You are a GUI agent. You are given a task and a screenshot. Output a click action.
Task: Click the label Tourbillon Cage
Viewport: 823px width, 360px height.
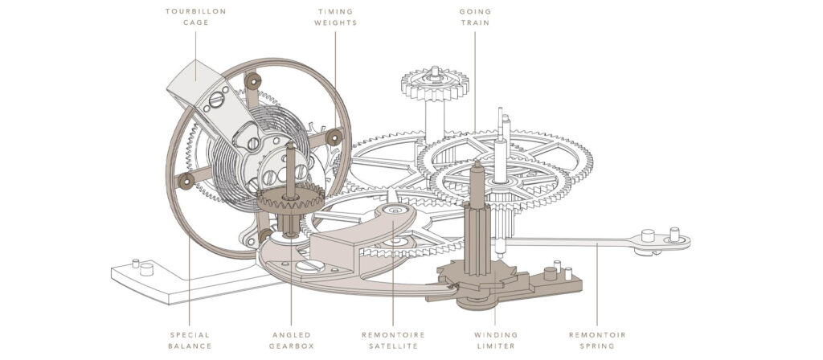[195, 17]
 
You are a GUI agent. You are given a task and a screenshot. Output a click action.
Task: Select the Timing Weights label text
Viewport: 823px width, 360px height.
[336, 17]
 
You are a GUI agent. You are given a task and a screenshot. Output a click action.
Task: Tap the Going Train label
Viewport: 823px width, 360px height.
[475, 17]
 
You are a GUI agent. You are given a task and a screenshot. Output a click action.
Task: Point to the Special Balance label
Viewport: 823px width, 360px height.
[190, 340]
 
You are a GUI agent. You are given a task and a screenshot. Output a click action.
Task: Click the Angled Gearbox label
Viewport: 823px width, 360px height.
[291, 340]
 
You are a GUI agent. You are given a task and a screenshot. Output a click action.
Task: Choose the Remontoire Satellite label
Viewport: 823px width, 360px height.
[393, 340]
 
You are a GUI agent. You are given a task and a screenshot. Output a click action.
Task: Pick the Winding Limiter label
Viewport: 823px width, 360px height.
[495, 340]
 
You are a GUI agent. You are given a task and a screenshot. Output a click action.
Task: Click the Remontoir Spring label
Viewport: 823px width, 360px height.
[597, 340]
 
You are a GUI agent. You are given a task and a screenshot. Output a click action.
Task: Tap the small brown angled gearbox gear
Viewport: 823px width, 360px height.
[290, 198]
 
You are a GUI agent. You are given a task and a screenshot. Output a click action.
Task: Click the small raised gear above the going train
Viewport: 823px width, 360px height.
[435, 84]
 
